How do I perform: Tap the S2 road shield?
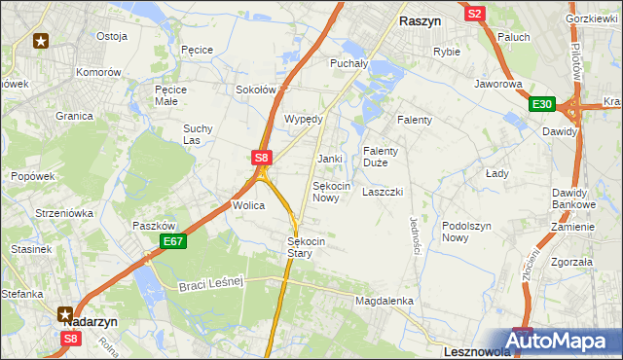click(x=474, y=14)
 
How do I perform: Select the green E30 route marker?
click(x=542, y=105)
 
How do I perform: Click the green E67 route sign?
click(x=172, y=241)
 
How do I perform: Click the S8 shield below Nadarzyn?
click(x=70, y=339)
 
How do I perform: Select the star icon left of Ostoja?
click(x=41, y=40)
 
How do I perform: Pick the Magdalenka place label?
click(x=385, y=302)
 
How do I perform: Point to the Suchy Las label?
click(x=198, y=134)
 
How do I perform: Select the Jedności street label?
click(x=415, y=235)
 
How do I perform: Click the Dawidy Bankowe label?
click(x=573, y=198)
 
